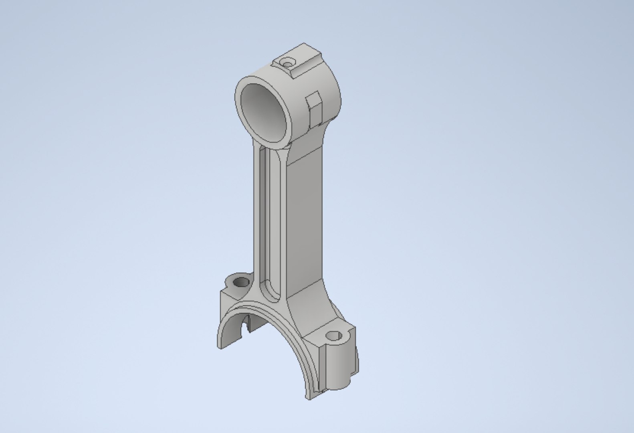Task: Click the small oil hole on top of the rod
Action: tap(287, 63)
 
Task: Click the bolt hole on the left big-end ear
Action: tap(241, 282)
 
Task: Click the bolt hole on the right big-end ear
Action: tap(334, 336)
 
